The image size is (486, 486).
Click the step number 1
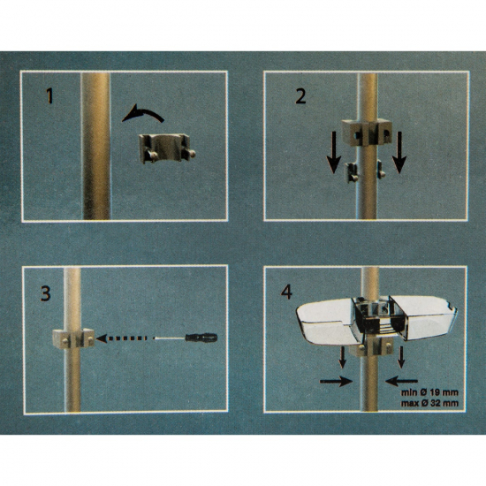click(49, 95)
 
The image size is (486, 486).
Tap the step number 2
click(300, 95)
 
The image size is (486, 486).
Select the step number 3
click(46, 293)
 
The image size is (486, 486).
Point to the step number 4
click(286, 292)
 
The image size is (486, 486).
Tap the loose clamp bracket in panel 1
click(167, 148)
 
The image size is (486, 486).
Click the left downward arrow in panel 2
click(334, 152)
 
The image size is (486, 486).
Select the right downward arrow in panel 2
click(399, 152)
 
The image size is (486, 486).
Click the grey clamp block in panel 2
click(367, 133)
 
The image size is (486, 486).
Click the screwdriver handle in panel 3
click(201, 338)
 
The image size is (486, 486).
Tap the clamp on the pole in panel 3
click(73, 338)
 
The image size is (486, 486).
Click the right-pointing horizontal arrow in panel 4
click(337, 381)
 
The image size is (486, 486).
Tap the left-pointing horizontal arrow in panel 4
click(401, 381)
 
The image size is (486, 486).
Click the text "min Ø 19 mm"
click(429, 392)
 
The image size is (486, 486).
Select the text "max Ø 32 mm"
click(429, 403)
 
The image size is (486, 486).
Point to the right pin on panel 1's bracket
click(191, 153)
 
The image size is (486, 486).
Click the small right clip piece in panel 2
click(381, 170)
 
